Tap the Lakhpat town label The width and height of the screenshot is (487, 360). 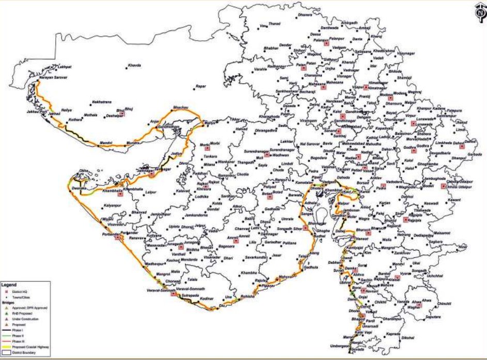[65, 67]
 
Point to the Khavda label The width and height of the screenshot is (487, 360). [134, 66]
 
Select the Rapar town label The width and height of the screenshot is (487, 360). [200, 86]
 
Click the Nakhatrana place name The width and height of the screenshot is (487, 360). [102, 102]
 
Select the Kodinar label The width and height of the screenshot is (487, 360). [207, 299]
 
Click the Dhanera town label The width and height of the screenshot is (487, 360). [305, 15]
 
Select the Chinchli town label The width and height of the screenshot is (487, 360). [444, 303]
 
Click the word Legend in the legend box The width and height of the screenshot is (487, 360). [9, 284]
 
